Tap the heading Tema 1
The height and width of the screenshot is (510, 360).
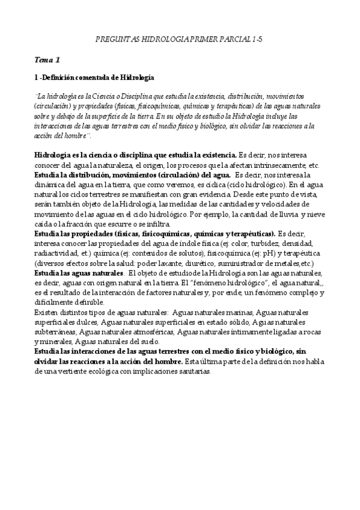pos(47,60)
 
